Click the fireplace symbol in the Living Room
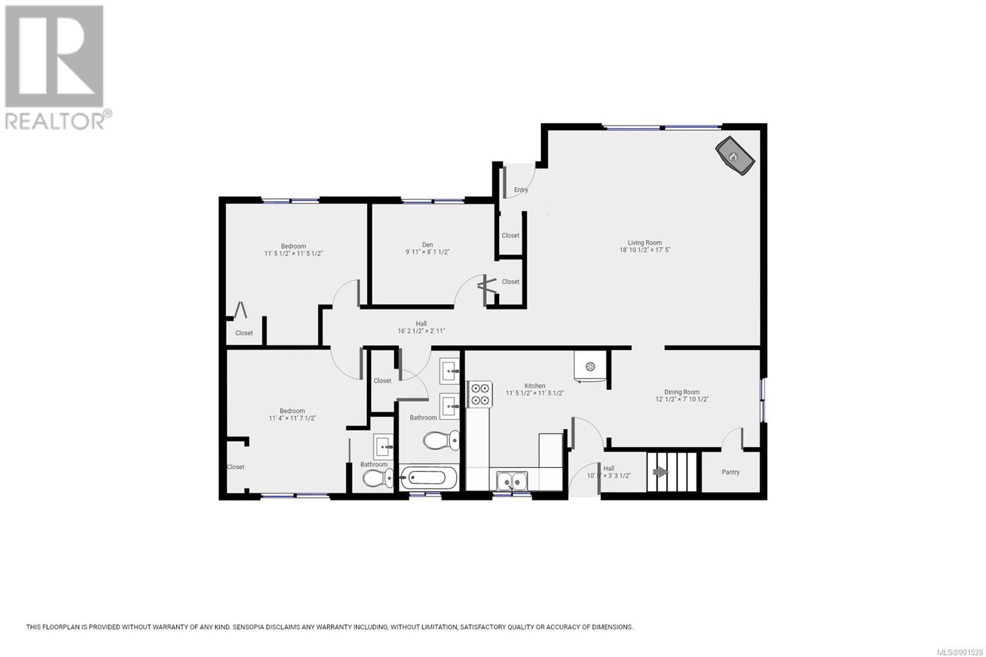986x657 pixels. click(x=735, y=156)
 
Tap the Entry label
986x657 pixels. click(x=521, y=190)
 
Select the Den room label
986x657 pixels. click(x=428, y=245)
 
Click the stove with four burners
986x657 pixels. click(x=480, y=394)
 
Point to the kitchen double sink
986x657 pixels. click(x=512, y=481)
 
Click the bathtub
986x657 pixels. click(x=427, y=477)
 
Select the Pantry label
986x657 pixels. click(x=730, y=472)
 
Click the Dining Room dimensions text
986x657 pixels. click(x=682, y=399)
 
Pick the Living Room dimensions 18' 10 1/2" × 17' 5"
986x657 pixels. click(x=645, y=250)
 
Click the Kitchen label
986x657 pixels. click(x=535, y=386)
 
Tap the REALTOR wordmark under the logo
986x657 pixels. click(x=55, y=121)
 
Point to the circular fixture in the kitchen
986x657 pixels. click(x=590, y=366)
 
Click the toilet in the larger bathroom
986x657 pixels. click(x=441, y=440)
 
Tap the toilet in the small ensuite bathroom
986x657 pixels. click(x=378, y=478)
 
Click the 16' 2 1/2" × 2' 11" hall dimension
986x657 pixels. click(x=422, y=331)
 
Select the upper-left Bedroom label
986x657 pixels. click(x=293, y=246)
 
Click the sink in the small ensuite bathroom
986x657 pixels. click(x=383, y=446)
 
